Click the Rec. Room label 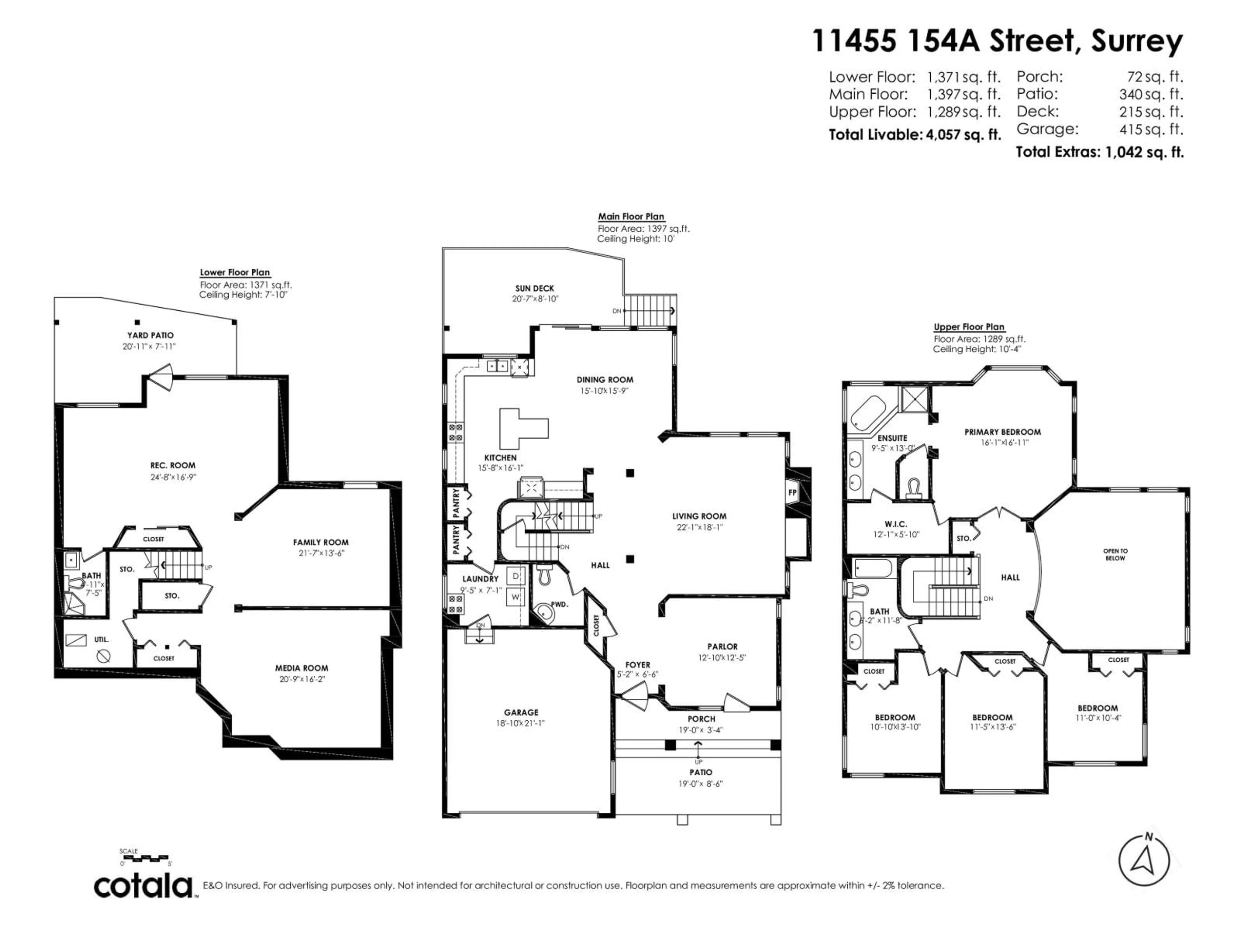coord(173,465)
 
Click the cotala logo coord(143,886)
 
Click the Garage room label coord(521,712)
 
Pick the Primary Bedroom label coord(1002,432)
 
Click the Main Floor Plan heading coord(631,216)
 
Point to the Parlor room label coord(722,646)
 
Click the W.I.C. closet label coord(896,524)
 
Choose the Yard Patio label coord(150,335)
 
